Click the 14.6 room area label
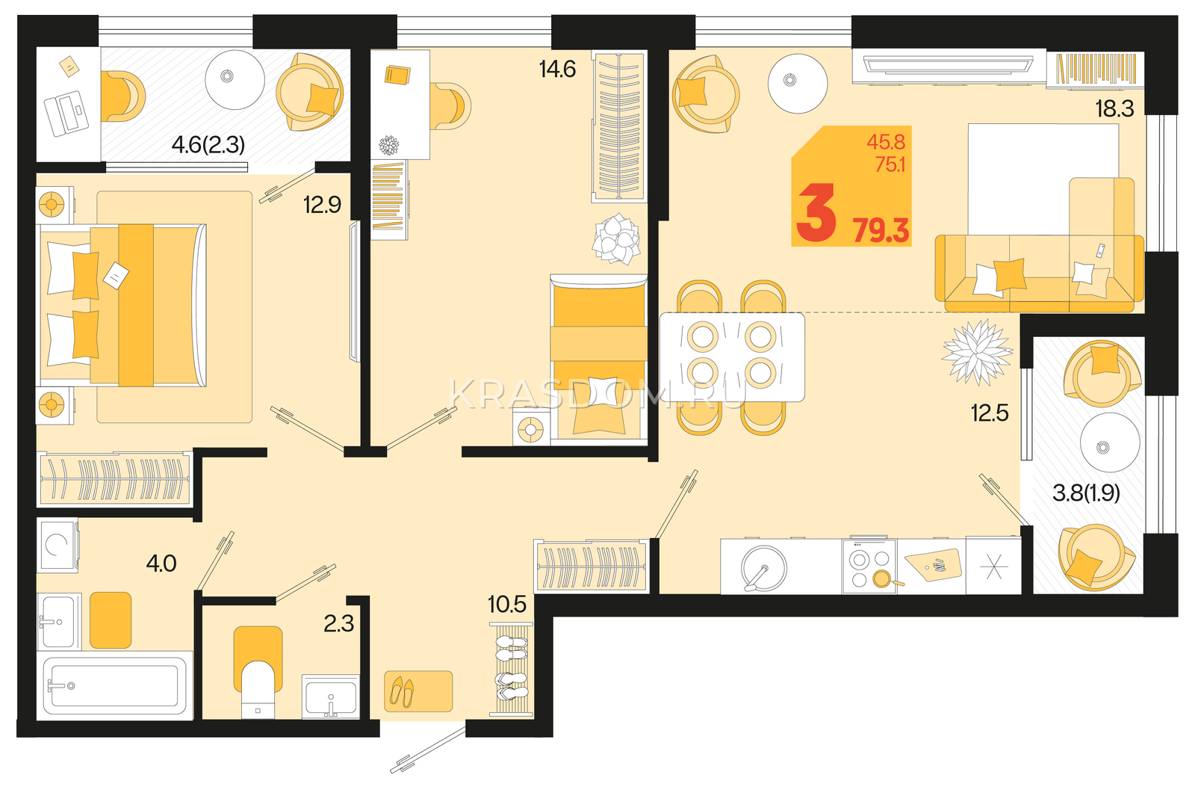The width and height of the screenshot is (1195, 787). coord(557,70)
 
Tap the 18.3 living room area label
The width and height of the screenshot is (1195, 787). coord(1114,109)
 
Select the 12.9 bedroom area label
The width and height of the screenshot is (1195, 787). coord(322,205)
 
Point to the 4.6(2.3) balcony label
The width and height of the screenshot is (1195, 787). coord(208,145)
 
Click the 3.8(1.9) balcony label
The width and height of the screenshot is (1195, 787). coord(1086,493)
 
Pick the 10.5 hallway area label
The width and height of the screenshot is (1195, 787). coord(507,605)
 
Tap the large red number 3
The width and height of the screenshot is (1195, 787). coord(816,213)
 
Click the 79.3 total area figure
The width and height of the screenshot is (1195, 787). coord(881,231)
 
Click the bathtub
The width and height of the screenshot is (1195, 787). coord(114,685)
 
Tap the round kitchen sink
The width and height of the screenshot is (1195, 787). coord(763,568)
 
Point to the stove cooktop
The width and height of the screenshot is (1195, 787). coord(869,567)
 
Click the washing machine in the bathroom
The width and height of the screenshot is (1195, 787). coord(57,545)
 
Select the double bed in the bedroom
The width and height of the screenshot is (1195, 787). coord(122,305)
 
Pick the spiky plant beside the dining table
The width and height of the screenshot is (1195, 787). coord(978,352)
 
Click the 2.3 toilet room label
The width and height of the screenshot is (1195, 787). coord(339,623)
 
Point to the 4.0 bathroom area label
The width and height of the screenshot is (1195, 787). coord(161,564)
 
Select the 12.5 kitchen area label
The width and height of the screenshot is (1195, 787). coord(990,413)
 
